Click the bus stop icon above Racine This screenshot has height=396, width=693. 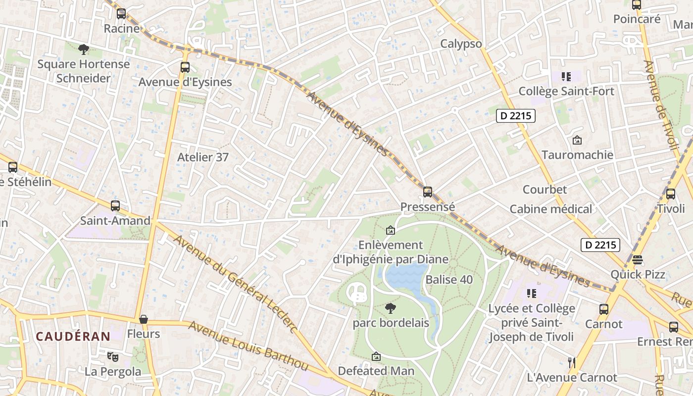pyautogui.click(x=121, y=14)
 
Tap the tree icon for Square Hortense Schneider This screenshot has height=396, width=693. pyautogui.click(x=84, y=49)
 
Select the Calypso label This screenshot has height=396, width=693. pyautogui.click(x=461, y=44)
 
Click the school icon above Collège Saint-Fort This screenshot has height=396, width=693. pyautogui.click(x=566, y=77)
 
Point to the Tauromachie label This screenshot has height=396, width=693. pyautogui.click(x=577, y=155)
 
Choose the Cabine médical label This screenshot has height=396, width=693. pyautogui.click(x=550, y=209)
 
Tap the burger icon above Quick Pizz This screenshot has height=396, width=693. pyautogui.click(x=637, y=260)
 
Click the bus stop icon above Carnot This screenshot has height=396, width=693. pyautogui.click(x=603, y=309)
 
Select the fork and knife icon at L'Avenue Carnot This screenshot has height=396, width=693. pyautogui.click(x=572, y=362)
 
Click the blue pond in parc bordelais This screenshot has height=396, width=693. pyautogui.click(x=406, y=277)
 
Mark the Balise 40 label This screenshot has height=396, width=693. pyautogui.click(x=449, y=280)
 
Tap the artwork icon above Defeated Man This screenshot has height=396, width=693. pyautogui.click(x=376, y=356)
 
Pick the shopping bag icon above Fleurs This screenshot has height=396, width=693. pyautogui.click(x=144, y=319)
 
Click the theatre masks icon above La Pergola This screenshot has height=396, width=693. pyautogui.click(x=113, y=356)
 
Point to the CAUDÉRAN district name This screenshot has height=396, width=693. pyautogui.click(x=73, y=337)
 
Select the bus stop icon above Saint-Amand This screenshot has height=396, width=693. pyautogui.click(x=115, y=206)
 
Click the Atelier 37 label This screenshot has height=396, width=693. pyautogui.click(x=203, y=157)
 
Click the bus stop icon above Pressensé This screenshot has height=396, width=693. pyautogui.click(x=427, y=192)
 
